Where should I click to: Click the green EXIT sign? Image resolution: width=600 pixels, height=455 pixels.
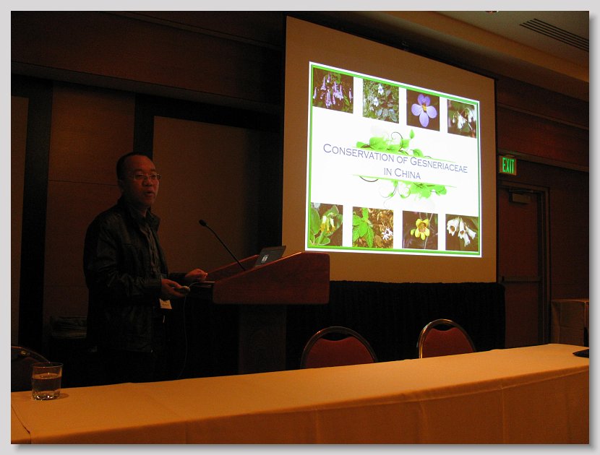(507, 165)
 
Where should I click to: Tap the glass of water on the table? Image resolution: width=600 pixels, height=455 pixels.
(47, 381)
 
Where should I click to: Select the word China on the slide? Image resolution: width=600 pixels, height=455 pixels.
(407, 174)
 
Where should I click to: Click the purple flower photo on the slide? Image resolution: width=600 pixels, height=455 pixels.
(423, 110)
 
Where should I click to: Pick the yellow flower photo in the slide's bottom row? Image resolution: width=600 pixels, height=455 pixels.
(420, 230)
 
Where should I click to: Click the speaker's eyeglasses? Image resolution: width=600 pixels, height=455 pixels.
(146, 177)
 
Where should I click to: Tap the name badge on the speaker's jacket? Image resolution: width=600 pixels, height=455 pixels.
(166, 304)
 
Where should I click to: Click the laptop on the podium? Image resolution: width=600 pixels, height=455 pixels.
(270, 256)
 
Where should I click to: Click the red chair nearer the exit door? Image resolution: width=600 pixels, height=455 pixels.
(446, 339)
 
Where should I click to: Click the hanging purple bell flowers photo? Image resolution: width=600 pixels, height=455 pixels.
(333, 90)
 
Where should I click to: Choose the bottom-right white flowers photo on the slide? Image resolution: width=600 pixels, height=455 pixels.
(462, 233)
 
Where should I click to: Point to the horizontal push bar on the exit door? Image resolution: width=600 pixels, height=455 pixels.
(521, 280)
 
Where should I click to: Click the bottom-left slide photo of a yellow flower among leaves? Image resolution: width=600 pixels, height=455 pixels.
(326, 225)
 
